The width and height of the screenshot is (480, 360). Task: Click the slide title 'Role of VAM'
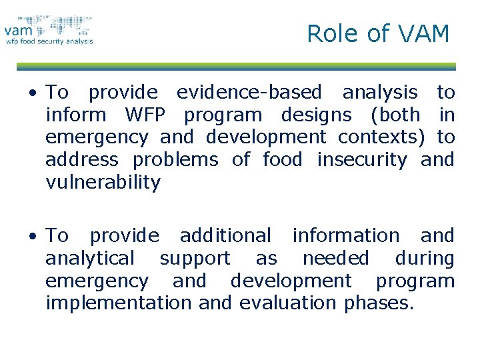coord(378,33)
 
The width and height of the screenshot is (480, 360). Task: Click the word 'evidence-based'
coord(249,92)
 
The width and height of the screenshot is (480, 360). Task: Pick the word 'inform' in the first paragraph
coord(75,115)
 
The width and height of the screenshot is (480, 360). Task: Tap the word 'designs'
coord(316,115)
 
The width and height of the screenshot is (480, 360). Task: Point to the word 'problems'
coord(175,160)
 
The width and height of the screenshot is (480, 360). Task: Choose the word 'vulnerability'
coord(103,183)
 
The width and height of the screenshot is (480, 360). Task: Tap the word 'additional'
coord(225,235)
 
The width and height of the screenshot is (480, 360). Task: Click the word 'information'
coord(345,235)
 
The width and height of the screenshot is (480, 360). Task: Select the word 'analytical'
coord(90,258)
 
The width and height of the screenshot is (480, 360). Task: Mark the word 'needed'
coord(335,258)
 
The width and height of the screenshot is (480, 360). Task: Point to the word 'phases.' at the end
coord(379,304)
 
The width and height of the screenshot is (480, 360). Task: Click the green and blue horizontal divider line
coord(236,67)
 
